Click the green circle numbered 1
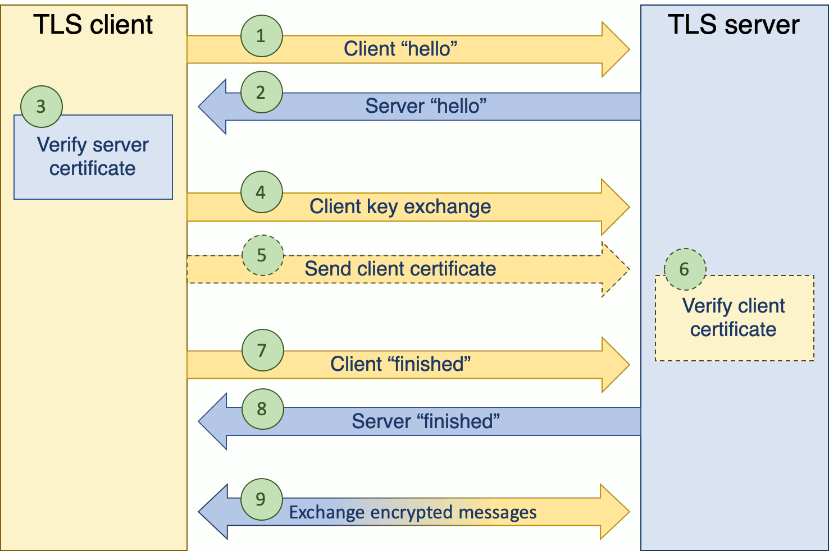(x=261, y=36)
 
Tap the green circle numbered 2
(x=261, y=93)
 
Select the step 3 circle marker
(x=41, y=107)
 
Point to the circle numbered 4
(x=261, y=192)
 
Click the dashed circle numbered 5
(x=262, y=255)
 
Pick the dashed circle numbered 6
(x=685, y=269)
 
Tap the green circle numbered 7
(x=262, y=351)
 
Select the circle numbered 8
(x=262, y=409)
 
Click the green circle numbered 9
(x=261, y=499)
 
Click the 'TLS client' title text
(x=93, y=25)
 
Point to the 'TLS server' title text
(x=734, y=25)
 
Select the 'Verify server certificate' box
(x=93, y=157)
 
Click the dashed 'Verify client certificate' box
(x=734, y=318)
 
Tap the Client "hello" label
(x=400, y=49)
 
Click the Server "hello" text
(x=426, y=106)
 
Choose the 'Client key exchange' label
(x=400, y=206)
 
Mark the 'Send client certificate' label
(x=400, y=269)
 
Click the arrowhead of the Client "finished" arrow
(x=615, y=365)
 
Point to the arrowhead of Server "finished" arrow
(x=213, y=421)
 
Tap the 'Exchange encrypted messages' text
(x=413, y=512)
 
